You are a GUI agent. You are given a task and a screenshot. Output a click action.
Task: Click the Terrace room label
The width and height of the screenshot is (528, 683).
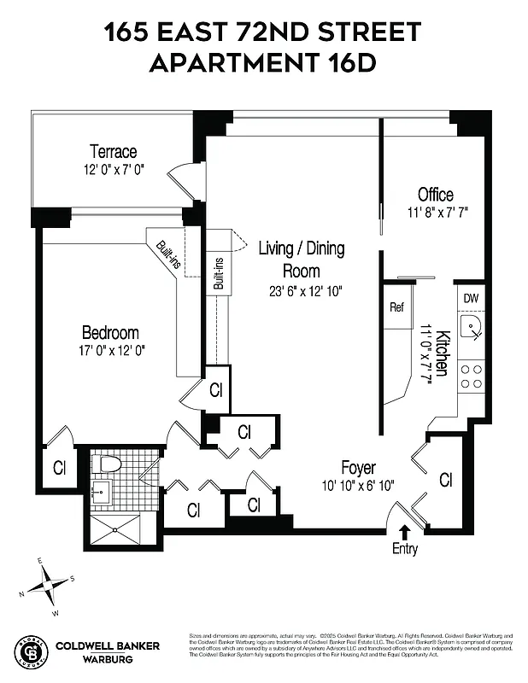point(114,152)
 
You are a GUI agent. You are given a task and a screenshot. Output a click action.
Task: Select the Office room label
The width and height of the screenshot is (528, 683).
point(435,194)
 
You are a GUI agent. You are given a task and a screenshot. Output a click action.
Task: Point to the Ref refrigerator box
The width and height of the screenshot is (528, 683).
point(397,307)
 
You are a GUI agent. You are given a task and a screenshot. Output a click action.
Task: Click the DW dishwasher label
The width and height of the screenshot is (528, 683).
point(471,298)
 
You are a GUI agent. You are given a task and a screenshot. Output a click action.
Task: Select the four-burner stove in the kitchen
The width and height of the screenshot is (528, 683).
point(471,375)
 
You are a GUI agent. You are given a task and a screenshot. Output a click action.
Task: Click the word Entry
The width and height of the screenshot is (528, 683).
point(405,549)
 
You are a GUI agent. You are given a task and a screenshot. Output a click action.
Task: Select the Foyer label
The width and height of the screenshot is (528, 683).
point(359,468)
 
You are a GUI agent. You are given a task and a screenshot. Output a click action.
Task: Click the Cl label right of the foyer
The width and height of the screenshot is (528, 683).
point(445,480)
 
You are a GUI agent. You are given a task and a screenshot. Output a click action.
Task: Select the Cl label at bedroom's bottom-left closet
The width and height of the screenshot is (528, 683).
point(60,467)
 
